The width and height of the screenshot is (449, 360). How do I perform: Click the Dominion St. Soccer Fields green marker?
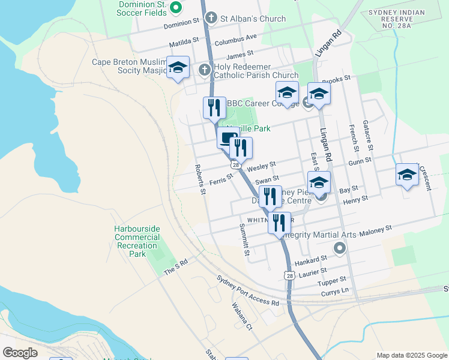click(x=175, y=8)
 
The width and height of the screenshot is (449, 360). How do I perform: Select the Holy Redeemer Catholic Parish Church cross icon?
click(x=204, y=70)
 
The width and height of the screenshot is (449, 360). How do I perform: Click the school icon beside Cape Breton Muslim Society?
click(x=178, y=69)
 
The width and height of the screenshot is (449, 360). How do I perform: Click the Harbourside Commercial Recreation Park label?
click(x=137, y=241)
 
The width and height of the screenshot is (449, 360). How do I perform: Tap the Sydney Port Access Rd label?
click(x=248, y=291)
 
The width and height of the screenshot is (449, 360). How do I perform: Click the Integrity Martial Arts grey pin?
click(x=340, y=247)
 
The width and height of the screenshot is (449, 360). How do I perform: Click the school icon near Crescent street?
click(x=407, y=175)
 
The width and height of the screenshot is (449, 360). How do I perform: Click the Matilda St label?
click(x=184, y=42)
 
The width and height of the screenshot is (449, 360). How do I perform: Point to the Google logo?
click(x=20, y=353)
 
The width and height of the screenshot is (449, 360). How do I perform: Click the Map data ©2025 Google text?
click(x=411, y=355)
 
